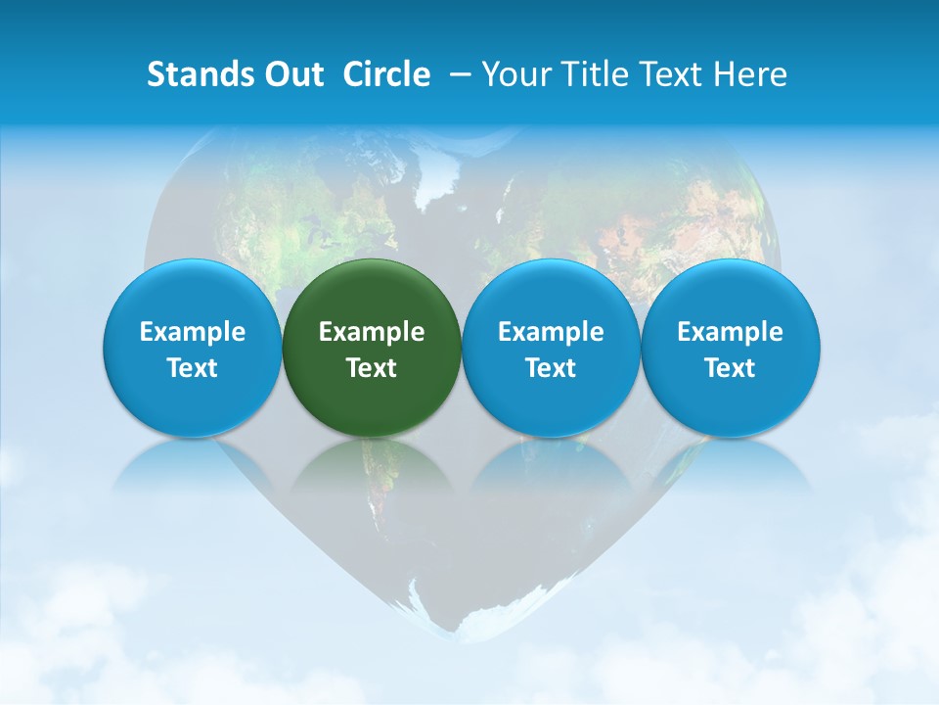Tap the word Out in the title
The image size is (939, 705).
(x=291, y=74)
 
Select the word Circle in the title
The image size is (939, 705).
(x=386, y=74)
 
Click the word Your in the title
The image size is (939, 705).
(x=514, y=74)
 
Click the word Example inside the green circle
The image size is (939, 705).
(x=372, y=332)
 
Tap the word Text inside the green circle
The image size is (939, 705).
(x=372, y=368)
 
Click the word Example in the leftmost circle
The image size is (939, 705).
(x=193, y=332)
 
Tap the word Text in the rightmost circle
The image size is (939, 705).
(x=730, y=368)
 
